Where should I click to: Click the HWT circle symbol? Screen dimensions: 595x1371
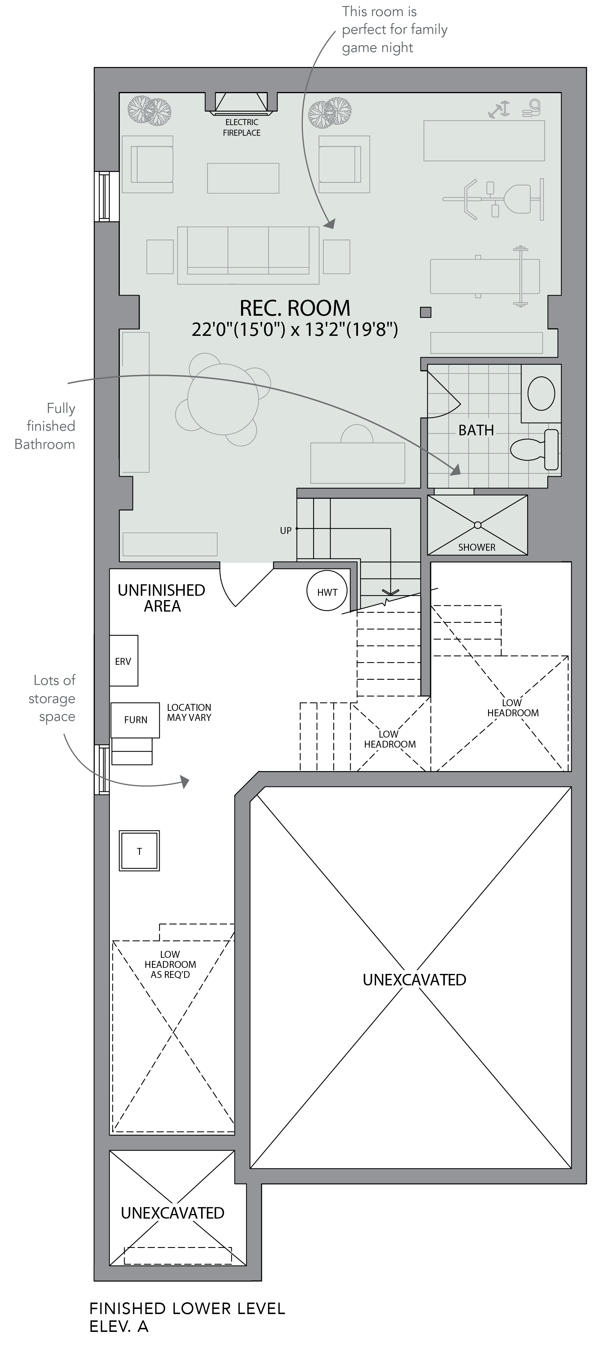pyautogui.click(x=327, y=591)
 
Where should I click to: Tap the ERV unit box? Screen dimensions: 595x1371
pyautogui.click(x=123, y=660)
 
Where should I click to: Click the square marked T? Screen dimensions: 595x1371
pyautogui.click(x=139, y=851)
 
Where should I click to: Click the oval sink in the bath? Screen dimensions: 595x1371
pyautogui.click(x=541, y=393)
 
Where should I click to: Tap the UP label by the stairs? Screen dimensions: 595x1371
pyautogui.click(x=286, y=531)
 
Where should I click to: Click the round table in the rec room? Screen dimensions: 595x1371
pyautogui.click(x=223, y=399)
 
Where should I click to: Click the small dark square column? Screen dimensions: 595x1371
pyautogui.click(x=425, y=312)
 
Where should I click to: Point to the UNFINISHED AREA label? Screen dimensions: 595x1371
pyautogui.click(x=162, y=598)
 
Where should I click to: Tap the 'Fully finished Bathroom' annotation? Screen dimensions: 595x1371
pyautogui.click(x=45, y=426)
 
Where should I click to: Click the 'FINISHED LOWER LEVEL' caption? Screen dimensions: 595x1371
pyautogui.click(x=187, y=1309)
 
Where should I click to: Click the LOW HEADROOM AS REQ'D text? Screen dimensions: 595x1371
pyautogui.click(x=170, y=964)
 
